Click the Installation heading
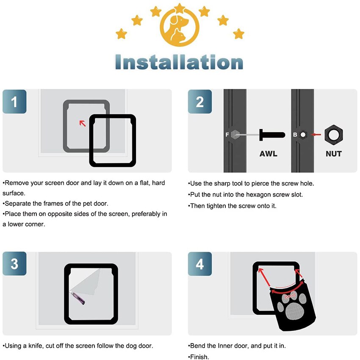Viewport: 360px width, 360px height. tap(179, 62)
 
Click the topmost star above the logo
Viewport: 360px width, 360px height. tap(180, 8)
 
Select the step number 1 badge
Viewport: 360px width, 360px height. tap(14, 102)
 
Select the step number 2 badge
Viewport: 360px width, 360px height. tap(200, 102)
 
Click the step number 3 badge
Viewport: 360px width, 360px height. tap(14, 264)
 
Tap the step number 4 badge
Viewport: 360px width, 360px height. tap(200, 264)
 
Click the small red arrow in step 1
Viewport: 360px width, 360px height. tap(83, 123)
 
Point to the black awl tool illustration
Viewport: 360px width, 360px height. tap(271, 135)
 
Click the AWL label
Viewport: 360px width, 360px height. tap(269, 154)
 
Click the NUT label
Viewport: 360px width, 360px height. tap(333, 154)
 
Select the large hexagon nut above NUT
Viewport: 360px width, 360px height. tap(333, 135)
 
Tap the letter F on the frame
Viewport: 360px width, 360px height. tap(227, 135)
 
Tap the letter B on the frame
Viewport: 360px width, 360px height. tap(295, 135)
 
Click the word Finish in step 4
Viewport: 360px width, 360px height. tap(199, 357)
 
